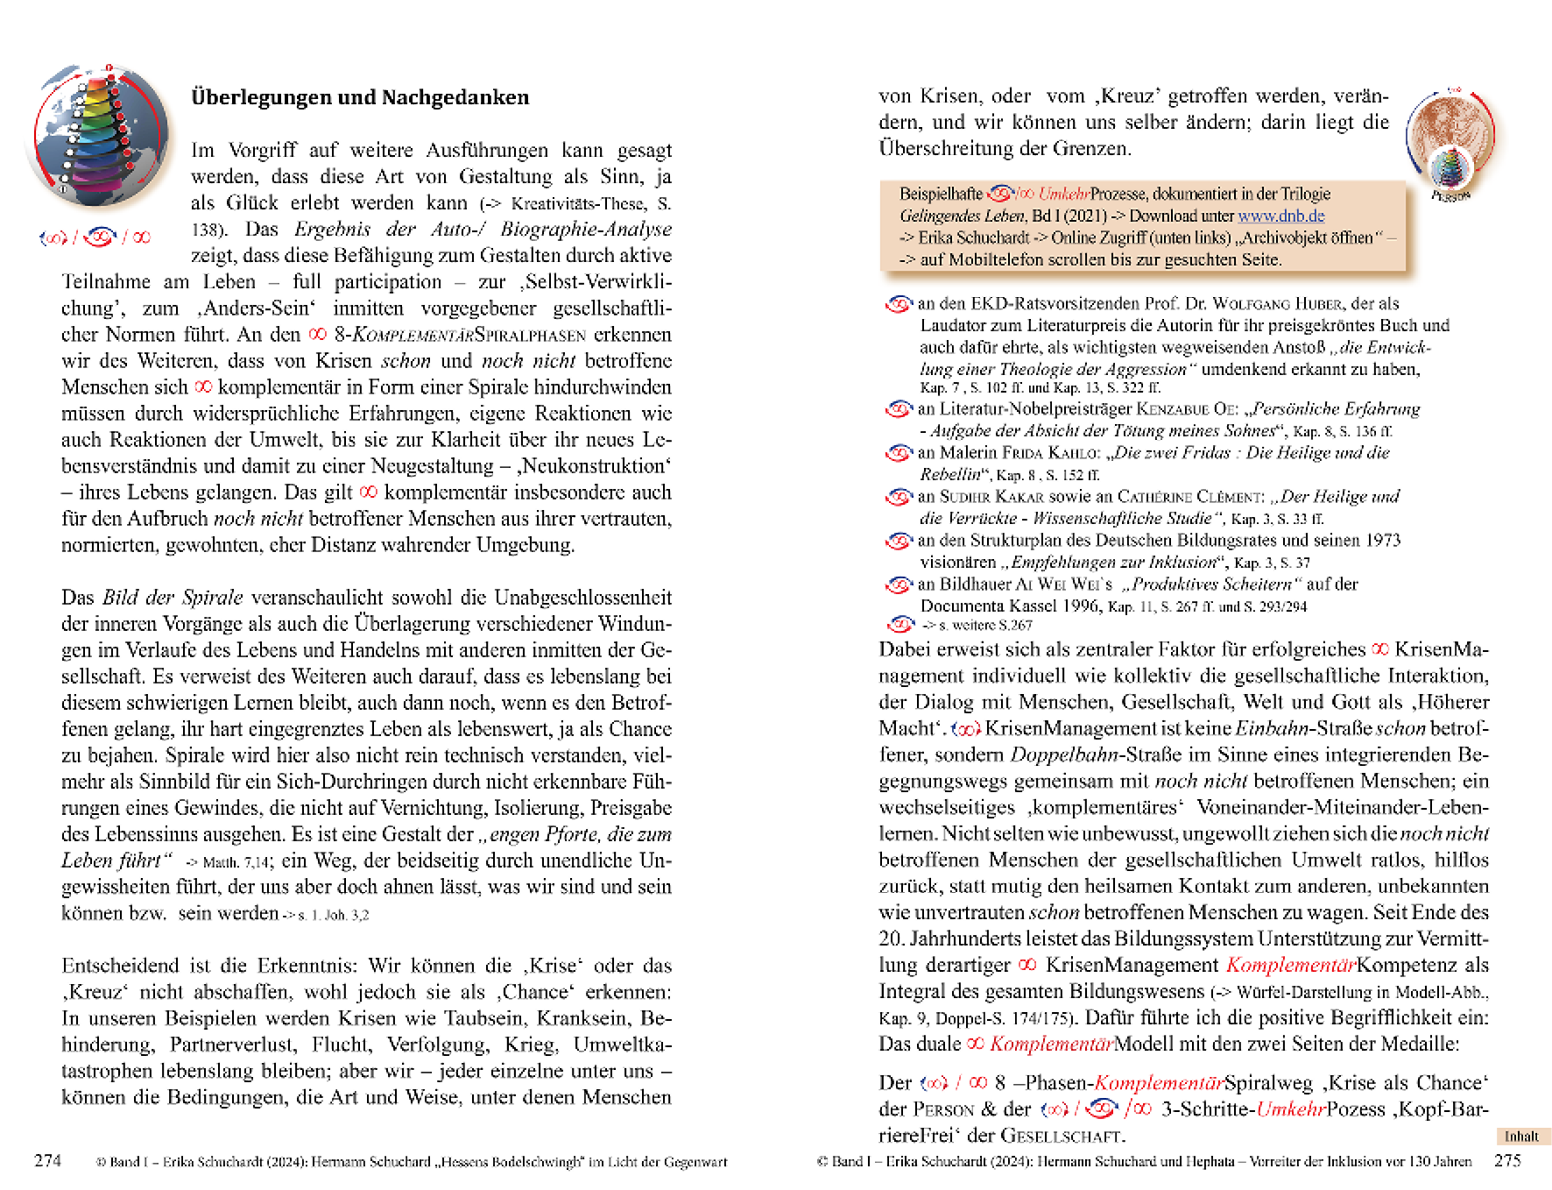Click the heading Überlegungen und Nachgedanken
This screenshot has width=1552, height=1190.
pyautogui.click(x=360, y=97)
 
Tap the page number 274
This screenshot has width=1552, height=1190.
pyautogui.click(x=47, y=1160)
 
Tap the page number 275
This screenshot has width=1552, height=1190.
pyautogui.click(x=1507, y=1160)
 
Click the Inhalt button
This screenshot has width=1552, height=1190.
pyautogui.click(x=1521, y=1137)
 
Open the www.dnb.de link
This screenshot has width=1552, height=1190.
pyautogui.click(x=1280, y=216)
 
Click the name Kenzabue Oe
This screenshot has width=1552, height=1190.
pyautogui.click(x=1187, y=409)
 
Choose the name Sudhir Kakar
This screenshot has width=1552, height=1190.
pyautogui.click(x=991, y=497)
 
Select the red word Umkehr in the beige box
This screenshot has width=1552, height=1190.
pyautogui.click(x=1063, y=194)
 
